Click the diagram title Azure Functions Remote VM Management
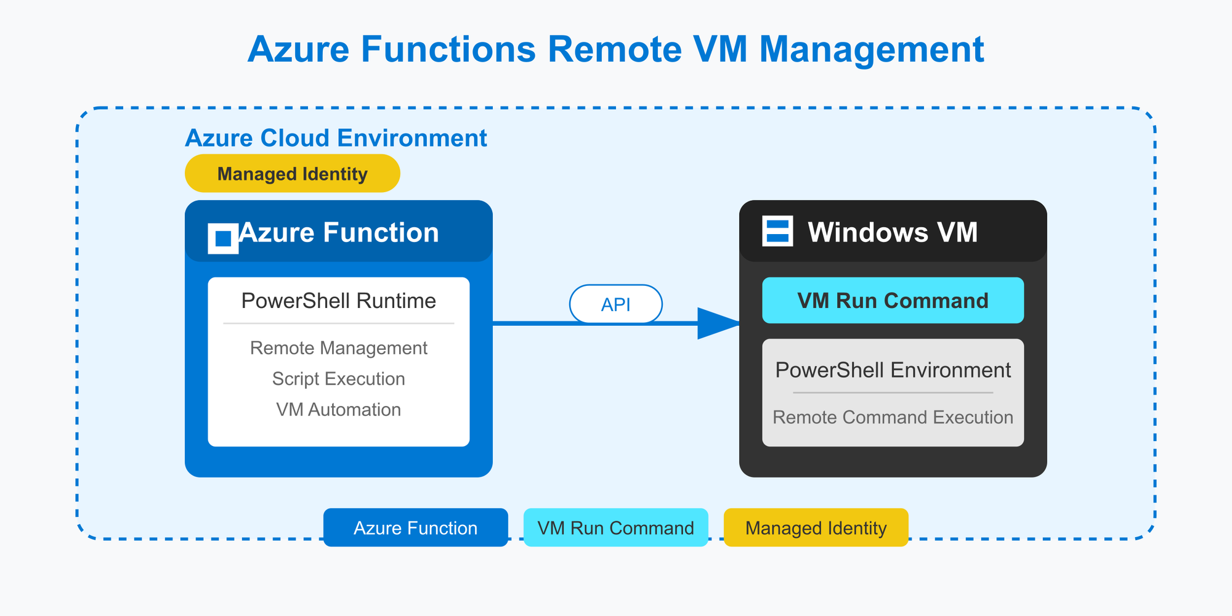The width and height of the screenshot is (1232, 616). pyautogui.click(x=616, y=49)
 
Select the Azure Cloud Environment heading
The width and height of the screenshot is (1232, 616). pyautogui.click(x=336, y=138)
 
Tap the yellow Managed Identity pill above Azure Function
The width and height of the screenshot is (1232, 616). pyautogui.click(x=293, y=173)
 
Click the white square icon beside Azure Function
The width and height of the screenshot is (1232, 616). pyautogui.click(x=223, y=238)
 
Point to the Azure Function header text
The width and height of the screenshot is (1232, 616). pyautogui.click(x=339, y=233)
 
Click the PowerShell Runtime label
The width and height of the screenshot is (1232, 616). pyautogui.click(x=339, y=301)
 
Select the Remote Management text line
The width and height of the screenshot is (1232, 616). pyautogui.click(x=339, y=348)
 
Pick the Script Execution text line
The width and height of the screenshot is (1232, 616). pyautogui.click(x=339, y=379)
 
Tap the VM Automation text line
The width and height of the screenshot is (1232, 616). pyautogui.click(x=339, y=410)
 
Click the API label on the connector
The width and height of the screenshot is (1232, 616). pyautogui.click(x=616, y=304)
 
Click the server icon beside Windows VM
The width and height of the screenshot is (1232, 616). pyautogui.click(x=777, y=231)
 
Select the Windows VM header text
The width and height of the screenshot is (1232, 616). pyautogui.click(x=893, y=232)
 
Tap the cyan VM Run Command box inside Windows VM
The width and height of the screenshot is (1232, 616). pyautogui.click(x=893, y=300)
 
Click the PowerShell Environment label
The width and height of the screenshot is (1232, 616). pyautogui.click(x=893, y=370)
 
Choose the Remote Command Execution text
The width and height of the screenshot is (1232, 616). pyautogui.click(x=893, y=417)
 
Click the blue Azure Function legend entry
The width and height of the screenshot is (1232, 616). pyautogui.click(x=416, y=527)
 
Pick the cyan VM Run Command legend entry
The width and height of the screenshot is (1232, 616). pyautogui.click(x=616, y=527)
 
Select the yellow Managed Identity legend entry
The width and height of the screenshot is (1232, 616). pyautogui.click(x=816, y=527)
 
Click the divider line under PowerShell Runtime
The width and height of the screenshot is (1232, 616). pyautogui.click(x=339, y=323)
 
